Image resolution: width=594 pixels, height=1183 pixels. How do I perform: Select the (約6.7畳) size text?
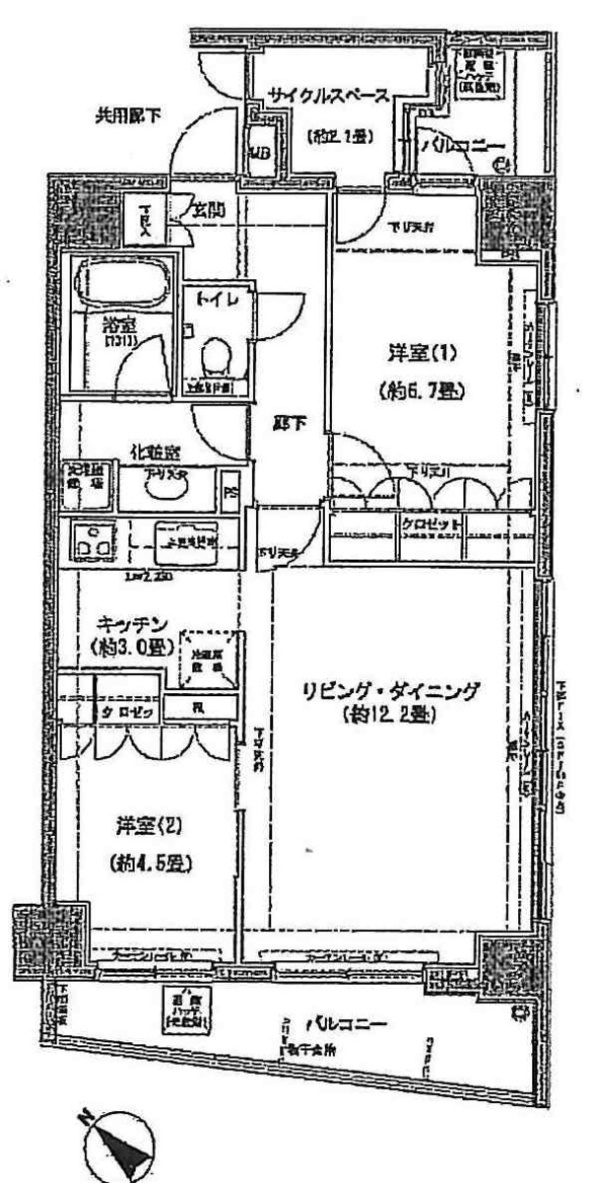pyautogui.click(x=421, y=390)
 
